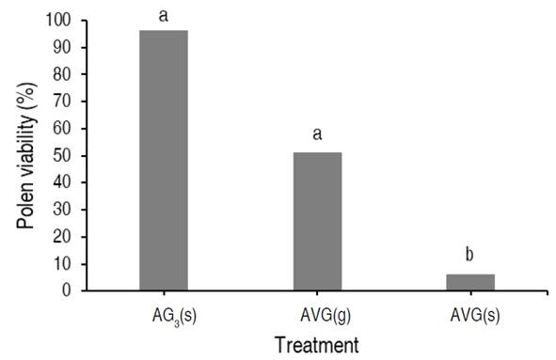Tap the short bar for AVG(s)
point(470,282)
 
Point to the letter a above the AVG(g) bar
point(317,133)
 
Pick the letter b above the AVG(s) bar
point(470,254)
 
